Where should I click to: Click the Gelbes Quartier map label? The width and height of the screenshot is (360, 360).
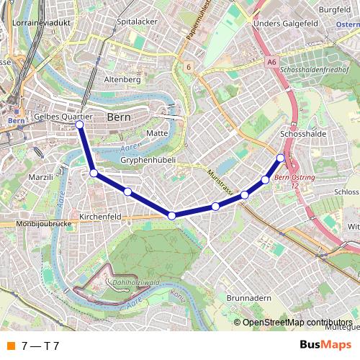pos(63,117)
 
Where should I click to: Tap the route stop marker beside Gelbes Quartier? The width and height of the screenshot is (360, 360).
pos(79,125)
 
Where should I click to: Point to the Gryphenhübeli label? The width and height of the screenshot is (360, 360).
pos(148,159)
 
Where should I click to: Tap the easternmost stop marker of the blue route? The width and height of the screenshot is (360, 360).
pos(281,158)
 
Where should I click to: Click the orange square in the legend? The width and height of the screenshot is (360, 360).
pos(10,346)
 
